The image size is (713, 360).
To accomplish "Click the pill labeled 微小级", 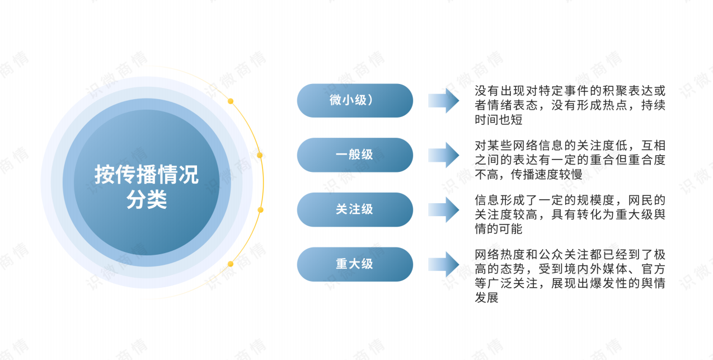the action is coord(355,101).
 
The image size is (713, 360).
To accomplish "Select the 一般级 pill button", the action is coord(355,155).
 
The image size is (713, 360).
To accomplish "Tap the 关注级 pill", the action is coord(355,209).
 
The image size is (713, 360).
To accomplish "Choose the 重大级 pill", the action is coord(355,264).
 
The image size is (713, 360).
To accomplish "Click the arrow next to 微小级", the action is coord(443,101).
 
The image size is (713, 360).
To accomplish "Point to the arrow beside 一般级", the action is coord(443,155).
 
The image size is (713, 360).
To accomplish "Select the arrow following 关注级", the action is coord(443,210).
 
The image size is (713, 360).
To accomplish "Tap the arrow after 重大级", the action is coord(443,264).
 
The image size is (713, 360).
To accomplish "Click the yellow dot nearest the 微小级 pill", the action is coord(231,101).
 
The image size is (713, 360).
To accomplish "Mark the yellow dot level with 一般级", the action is coord(260,155).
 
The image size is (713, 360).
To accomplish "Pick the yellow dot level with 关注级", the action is coord(260,210).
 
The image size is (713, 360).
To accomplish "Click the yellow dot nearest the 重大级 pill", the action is coord(231,264).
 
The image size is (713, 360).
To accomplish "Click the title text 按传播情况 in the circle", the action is coord(147,175).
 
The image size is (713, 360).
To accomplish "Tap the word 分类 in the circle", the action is coord(147,199).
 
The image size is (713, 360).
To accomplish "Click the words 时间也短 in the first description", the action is coord(499,120).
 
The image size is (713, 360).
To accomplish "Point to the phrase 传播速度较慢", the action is coord(547,175).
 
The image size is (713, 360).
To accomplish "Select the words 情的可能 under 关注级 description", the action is coord(499,229).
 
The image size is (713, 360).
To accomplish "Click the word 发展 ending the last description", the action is coord(486,298).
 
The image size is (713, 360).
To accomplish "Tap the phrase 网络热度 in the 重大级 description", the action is coord(499,255).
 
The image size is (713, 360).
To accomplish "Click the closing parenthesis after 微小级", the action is coord(370,100).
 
